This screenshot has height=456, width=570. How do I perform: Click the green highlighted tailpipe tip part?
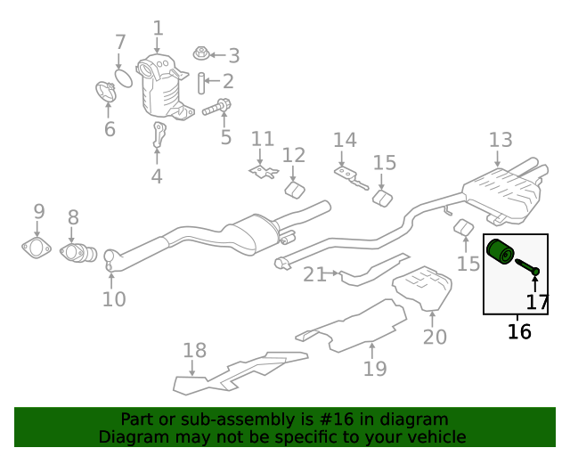tap(500, 252)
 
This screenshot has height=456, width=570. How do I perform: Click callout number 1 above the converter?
tap(158, 29)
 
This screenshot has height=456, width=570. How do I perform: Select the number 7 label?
tap(120, 42)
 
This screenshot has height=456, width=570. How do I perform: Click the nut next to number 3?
tap(200, 55)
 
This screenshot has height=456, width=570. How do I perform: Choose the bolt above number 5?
tap(216, 108)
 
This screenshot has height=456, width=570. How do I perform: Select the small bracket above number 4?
tap(159, 135)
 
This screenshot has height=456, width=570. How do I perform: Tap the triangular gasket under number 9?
tap(37, 247)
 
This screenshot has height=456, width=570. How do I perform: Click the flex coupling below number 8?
tap(78, 254)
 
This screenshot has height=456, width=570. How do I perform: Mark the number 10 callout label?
tap(114, 299)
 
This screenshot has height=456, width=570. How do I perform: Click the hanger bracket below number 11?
tap(262, 170)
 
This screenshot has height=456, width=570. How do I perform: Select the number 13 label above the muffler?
tap(501, 140)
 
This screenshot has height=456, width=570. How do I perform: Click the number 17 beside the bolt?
tap(538, 302)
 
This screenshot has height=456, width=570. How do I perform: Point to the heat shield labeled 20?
tap(426, 288)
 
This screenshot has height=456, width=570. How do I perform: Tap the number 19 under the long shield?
tap(375, 368)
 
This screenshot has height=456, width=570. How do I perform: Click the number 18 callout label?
tap(194, 350)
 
